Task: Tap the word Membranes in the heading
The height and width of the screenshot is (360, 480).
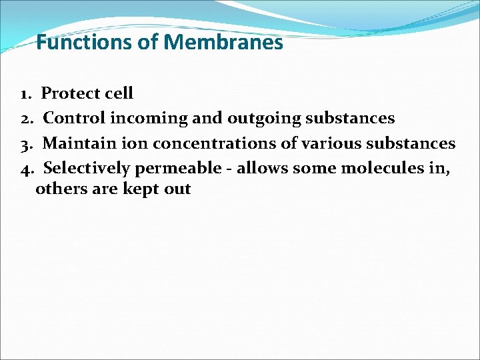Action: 223,43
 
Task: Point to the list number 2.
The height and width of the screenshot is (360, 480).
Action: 27,119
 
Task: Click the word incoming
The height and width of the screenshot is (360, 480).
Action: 149,119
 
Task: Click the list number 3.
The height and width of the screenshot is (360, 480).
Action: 27,143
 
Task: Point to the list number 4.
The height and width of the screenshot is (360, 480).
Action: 27,168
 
